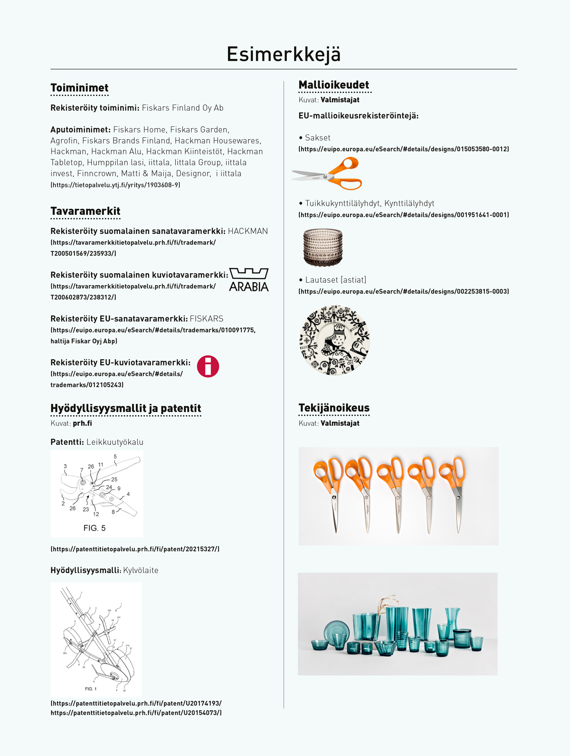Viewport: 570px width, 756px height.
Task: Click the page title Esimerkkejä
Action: click(x=284, y=54)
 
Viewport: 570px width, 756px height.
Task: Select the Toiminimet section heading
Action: click(x=79, y=88)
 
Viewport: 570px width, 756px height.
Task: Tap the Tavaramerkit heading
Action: click(x=85, y=211)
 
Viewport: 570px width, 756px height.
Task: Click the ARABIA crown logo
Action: click(x=249, y=280)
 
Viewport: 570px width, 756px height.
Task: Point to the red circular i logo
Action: click(x=208, y=366)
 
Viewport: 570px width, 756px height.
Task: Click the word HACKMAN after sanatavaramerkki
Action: click(x=248, y=231)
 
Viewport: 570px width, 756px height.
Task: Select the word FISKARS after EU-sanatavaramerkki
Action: click(x=207, y=319)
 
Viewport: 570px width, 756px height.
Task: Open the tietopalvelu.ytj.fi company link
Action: click(x=115, y=185)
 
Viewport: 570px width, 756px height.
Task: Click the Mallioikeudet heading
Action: click(x=334, y=85)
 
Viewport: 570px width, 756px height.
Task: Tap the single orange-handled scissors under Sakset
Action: click(x=328, y=174)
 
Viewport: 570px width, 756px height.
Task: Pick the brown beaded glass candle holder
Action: click(x=323, y=247)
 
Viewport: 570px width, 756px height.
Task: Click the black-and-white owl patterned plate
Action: click(x=334, y=340)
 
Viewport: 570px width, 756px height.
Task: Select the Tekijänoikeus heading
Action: click(x=334, y=408)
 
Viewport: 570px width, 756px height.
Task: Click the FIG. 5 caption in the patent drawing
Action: click(x=95, y=528)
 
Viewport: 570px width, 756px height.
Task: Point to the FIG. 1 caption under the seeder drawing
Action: click(x=91, y=689)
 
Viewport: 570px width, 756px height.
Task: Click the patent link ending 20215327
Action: click(x=135, y=549)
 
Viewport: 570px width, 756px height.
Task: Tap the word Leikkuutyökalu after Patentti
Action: click(x=115, y=442)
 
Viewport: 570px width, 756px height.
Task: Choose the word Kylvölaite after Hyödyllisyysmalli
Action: click(x=141, y=570)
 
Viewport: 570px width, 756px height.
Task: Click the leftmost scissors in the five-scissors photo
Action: click(x=329, y=492)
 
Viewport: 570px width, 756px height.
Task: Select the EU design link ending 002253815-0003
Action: click(x=404, y=291)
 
